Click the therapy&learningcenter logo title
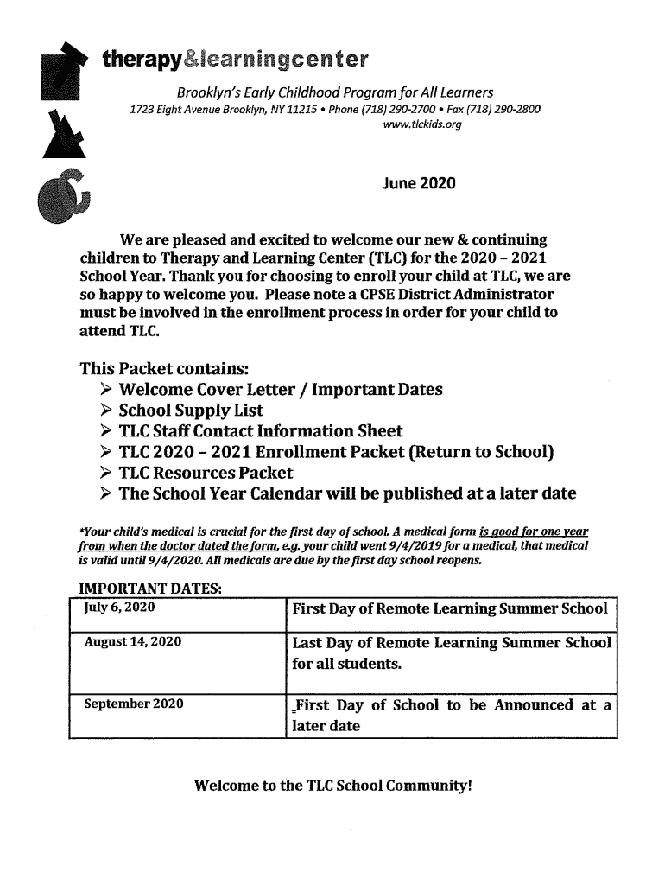coord(235,60)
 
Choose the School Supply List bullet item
coord(191,411)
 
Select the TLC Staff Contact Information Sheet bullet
coord(260,431)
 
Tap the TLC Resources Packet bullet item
coord(206,473)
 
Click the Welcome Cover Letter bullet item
coord(280,390)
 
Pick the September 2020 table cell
coord(133,704)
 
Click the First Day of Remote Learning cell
coord(450,608)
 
